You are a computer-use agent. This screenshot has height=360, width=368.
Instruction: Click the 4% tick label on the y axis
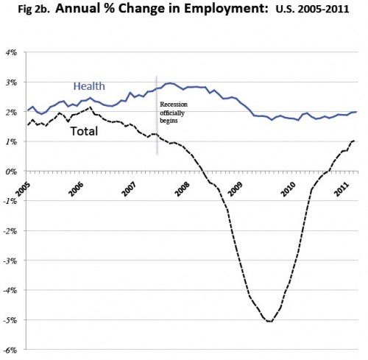coord(12,52)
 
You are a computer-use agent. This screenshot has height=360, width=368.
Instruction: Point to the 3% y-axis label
coord(12,82)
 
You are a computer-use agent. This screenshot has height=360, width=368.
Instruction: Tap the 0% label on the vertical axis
coord(12,172)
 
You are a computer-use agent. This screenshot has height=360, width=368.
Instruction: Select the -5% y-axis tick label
coord(10,320)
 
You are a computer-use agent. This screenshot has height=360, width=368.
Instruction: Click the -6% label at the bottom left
coord(10,350)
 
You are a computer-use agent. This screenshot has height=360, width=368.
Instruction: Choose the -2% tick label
coord(10,231)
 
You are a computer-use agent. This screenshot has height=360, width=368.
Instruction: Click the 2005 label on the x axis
coord(23,189)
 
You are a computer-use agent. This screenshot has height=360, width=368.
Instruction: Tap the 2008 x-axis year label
coord(182,189)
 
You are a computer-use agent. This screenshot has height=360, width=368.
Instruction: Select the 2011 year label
coord(342,189)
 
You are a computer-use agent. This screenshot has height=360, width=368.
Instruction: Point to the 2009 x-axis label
coord(235,189)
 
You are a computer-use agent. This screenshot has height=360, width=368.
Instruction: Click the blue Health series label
coord(89,86)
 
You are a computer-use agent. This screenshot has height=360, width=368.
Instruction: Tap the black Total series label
coord(85,131)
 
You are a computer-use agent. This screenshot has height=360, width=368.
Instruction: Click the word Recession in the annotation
coord(174,105)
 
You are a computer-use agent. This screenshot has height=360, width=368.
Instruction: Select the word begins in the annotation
coord(169,121)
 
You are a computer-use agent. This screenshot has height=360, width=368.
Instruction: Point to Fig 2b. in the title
coord(34,10)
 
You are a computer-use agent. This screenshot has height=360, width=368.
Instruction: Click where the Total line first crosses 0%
coord(203,171)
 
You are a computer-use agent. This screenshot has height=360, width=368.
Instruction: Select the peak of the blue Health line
coord(170,83)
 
